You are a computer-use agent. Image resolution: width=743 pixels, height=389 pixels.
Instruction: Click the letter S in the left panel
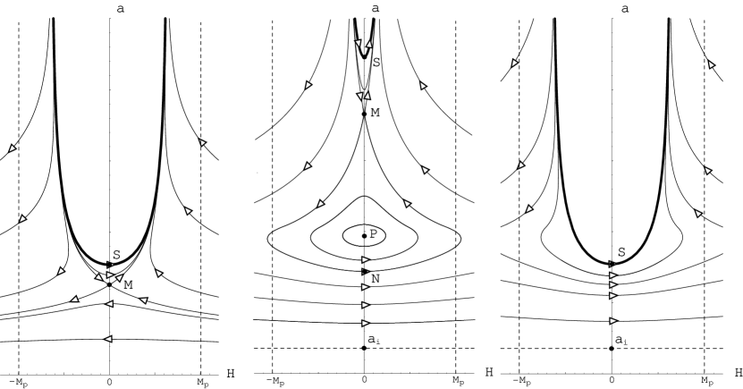point(116,255)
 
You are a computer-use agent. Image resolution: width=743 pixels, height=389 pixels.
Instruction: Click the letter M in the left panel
point(128,284)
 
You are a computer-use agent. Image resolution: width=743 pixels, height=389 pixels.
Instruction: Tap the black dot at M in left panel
point(109,284)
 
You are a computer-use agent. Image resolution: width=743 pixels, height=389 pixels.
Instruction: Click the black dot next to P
point(364,236)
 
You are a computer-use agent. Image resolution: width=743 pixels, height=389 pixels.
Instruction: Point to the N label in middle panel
point(376,279)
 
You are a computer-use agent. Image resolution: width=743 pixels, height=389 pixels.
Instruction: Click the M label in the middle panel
point(375,113)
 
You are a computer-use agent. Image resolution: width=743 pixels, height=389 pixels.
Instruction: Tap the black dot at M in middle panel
point(364,114)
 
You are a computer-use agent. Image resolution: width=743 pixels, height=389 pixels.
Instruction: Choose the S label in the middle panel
point(376,62)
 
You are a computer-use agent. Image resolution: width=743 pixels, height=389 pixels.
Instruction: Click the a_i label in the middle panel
point(373,340)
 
